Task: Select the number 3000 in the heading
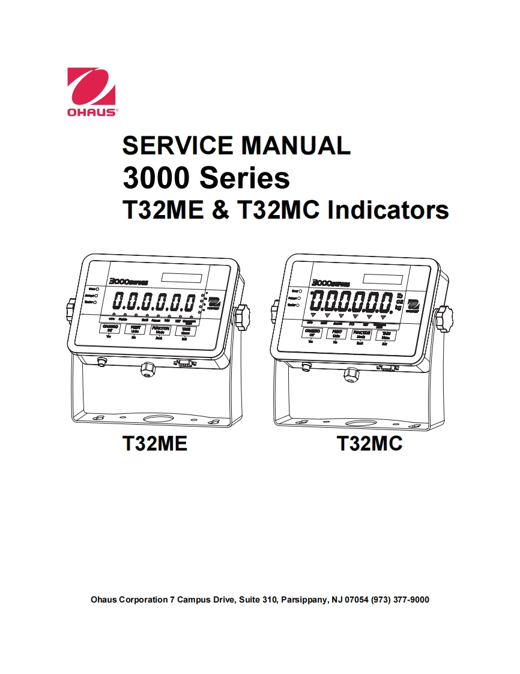pos(156,178)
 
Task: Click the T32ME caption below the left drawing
pos(155,443)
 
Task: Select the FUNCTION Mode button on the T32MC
pos(361,334)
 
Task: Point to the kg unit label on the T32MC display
pos(399,308)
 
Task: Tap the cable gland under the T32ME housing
pos(146,368)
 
